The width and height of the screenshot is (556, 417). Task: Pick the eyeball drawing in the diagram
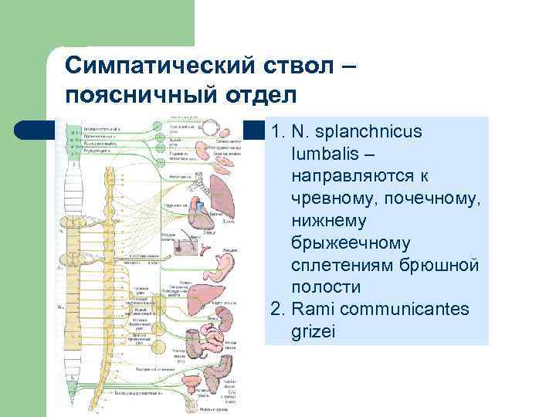click(208, 126)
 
